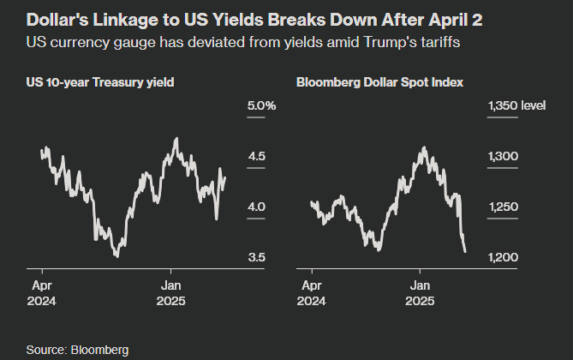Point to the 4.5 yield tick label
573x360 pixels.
pyautogui.click(x=255, y=156)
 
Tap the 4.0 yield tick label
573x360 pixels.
pyautogui.click(x=255, y=207)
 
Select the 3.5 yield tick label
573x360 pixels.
pyautogui.click(x=255, y=257)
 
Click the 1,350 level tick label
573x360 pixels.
pyautogui.click(x=516, y=105)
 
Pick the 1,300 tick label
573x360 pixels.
pyautogui.click(x=503, y=156)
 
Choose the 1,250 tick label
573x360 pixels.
pyautogui.click(x=503, y=207)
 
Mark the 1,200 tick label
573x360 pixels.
pyautogui.click(x=503, y=257)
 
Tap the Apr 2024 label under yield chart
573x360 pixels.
pyautogui.click(x=43, y=293)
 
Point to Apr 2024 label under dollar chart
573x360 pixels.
pyautogui.click(x=313, y=293)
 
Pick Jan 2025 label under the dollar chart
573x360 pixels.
pyautogui.click(x=421, y=293)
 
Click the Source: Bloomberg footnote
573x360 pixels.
pyautogui.click(x=77, y=349)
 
